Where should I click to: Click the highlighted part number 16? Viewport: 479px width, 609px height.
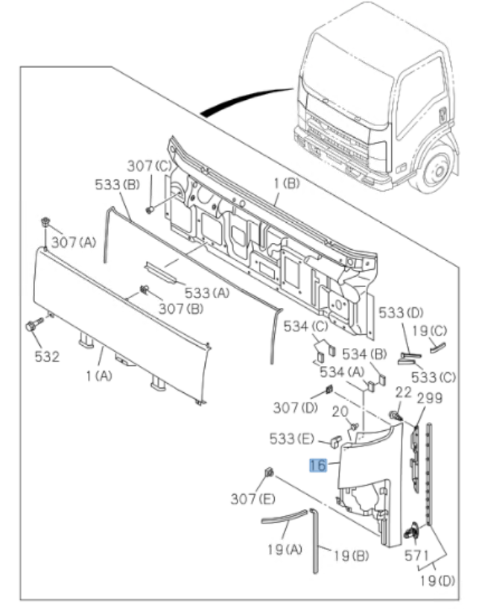click(318, 465)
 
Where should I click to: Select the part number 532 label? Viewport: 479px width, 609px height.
click(46, 356)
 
